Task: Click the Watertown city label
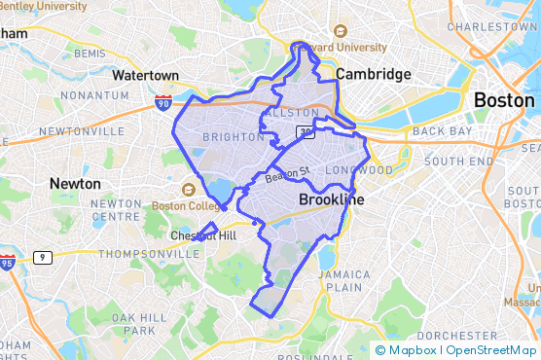[145, 75]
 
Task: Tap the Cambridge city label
[373, 74]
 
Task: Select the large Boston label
[503, 100]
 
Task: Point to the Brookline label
[332, 199]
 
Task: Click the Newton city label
[75, 183]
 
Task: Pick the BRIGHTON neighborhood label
[233, 138]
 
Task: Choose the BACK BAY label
[441, 130]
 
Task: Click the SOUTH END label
[458, 161]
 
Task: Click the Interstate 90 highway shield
[163, 100]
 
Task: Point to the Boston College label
[181, 206]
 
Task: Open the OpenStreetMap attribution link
[494, 350]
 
